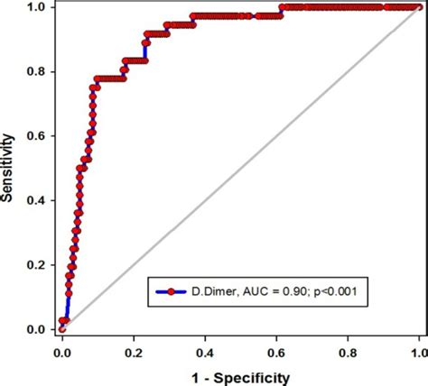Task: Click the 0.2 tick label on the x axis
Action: point(134,347)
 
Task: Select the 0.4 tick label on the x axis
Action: point(205,347)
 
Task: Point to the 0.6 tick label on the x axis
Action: point(276,347)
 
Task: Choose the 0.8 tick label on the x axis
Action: point(348,347)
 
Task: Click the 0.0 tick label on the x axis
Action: point(61,347)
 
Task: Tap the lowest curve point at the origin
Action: point(61,329)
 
